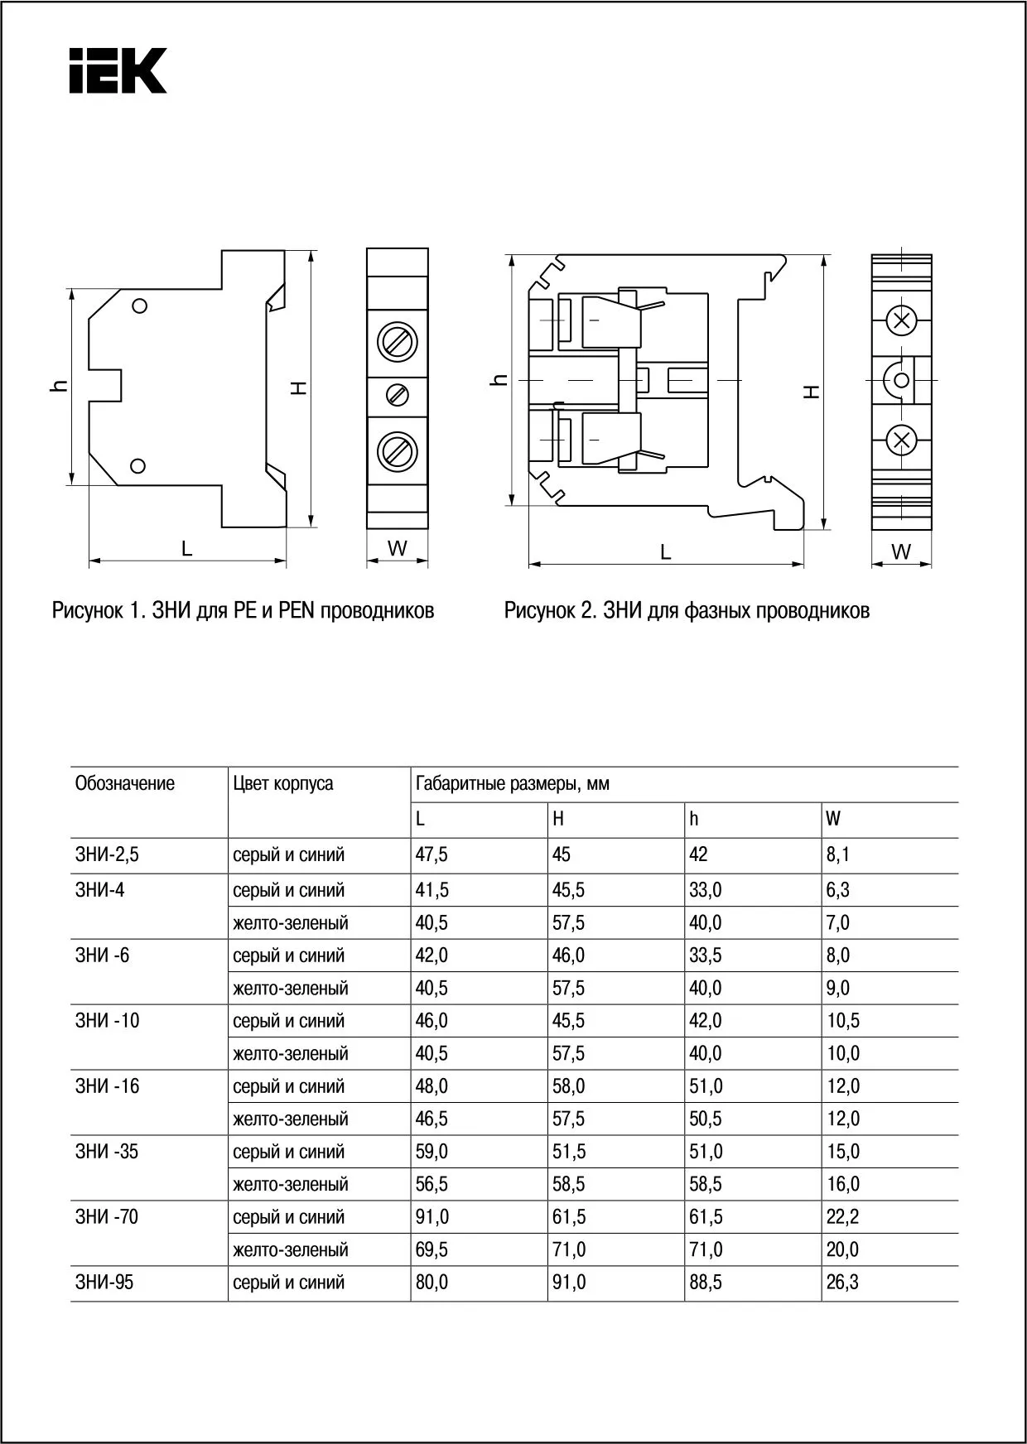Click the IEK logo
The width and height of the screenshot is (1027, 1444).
[118, 70]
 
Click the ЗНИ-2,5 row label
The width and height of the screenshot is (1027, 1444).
[107, 854]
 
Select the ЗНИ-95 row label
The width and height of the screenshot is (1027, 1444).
[104, 1282]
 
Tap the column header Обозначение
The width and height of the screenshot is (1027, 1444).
[125, 783]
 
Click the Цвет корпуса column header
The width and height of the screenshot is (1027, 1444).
[283, 783]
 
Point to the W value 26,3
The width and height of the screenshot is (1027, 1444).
[842, 1282]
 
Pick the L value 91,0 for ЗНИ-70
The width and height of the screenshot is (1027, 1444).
[432, 1216]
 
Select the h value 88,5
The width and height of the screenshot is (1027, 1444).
[706, 1282]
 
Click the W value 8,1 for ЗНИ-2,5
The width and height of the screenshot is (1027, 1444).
[838, 854]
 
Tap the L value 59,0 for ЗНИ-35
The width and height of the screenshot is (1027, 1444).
[432, 1151]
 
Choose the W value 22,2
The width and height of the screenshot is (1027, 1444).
[842, 1216]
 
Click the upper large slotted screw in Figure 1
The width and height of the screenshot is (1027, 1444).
[397, 341]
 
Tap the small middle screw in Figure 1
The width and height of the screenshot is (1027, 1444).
[398, 395]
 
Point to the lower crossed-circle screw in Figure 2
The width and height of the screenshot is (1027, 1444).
[902, 440]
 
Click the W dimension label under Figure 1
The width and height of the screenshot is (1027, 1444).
[398, 547]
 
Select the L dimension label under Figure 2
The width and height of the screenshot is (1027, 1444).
[666, 551]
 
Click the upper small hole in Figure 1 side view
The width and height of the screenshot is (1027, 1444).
[140, 306]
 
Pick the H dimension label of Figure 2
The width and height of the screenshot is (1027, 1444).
[813, 391]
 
